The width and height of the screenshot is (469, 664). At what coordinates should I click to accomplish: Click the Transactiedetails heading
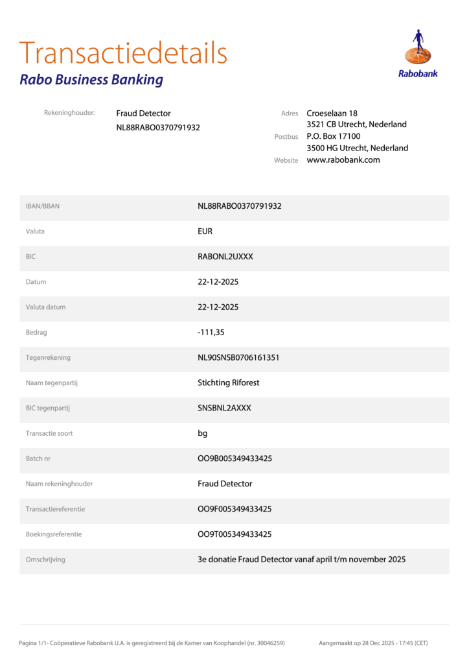[x=123, y=53]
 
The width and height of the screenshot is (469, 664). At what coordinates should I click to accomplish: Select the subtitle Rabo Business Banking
[x=91, y=80]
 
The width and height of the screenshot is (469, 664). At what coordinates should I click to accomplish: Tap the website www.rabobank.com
[x=343, y=160]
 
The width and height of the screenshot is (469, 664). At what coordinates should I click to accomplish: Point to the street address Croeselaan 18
[x=332, y=113]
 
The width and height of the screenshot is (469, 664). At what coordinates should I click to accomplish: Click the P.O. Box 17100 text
[x=334, y=136]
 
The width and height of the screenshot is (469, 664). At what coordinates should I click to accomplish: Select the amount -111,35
[x=211, y=332]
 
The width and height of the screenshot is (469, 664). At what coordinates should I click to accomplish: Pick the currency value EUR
[x=205, y=231]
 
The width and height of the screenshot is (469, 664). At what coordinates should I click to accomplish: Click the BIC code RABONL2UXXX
[x=225, y=256]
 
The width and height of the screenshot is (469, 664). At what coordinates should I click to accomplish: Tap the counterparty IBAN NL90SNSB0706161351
[x=238, y=357]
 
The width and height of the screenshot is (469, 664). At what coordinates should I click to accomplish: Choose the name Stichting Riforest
[x=228, y=383]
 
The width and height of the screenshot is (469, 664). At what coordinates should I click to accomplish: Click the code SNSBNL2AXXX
[x=224, y=408]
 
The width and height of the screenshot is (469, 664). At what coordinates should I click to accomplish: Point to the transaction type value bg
[x=203, y=433]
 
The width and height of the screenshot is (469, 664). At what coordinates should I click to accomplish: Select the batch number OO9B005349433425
[x=234, y=458]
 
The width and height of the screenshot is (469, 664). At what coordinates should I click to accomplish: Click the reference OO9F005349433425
[x=234, y=509]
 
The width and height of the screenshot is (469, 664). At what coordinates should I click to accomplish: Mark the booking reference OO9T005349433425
[x=234, y=534]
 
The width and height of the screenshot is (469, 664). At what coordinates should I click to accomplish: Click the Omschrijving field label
[x=45, y=560]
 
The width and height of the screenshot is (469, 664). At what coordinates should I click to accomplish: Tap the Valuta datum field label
[x=45, y=307]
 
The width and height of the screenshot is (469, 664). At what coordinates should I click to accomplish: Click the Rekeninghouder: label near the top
[x=69, y=113]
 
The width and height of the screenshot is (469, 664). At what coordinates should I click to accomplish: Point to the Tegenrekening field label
[x=48, y=357]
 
